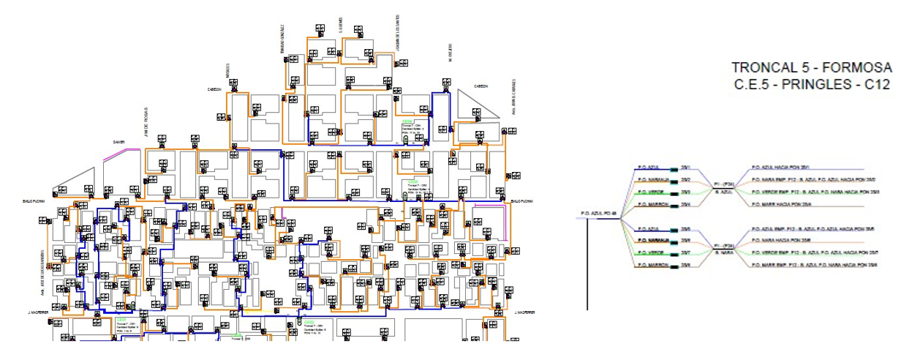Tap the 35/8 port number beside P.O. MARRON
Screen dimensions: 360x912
click(686, 264)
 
